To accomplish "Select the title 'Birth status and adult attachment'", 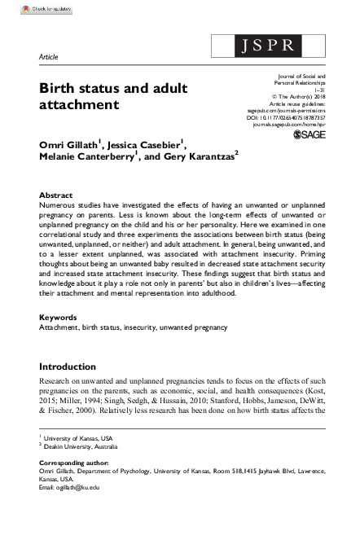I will [102, 96].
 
